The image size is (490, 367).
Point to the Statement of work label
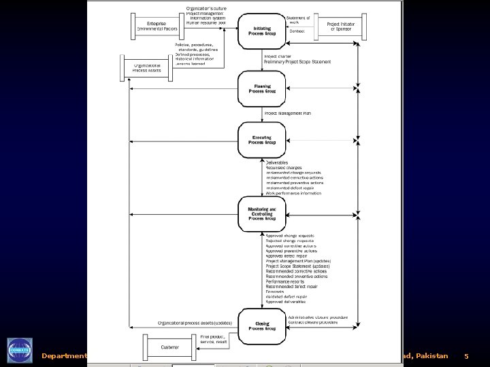pyautogui.click(x=297, y=20)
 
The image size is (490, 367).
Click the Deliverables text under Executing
pyautogui.click(x=277, y=163)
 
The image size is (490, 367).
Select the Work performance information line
pyautogui.click(x=293, y=193)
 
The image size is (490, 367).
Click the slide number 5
pyautogui.click(x=466, y=355)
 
